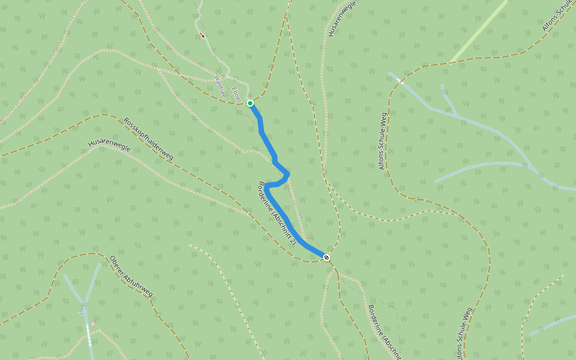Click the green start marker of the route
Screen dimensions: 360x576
[x=250, y=103]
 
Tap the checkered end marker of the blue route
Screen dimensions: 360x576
[x=326, y=257]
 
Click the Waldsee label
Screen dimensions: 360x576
[x=220, y=86]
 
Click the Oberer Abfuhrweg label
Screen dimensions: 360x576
[x=131, y=277]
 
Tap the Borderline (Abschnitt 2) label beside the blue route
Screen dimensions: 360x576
[x=277, y=214]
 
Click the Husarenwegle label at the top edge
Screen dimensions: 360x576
[x=343, y=18]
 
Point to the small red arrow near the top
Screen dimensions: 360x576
[x=202, y=35]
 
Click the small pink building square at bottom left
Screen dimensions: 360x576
[x=93, y=323]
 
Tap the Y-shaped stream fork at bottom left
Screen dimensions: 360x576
[x=84, y=303]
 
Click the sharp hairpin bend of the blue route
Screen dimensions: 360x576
[x=287, y=175]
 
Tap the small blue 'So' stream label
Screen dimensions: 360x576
[x=79, y=312]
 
